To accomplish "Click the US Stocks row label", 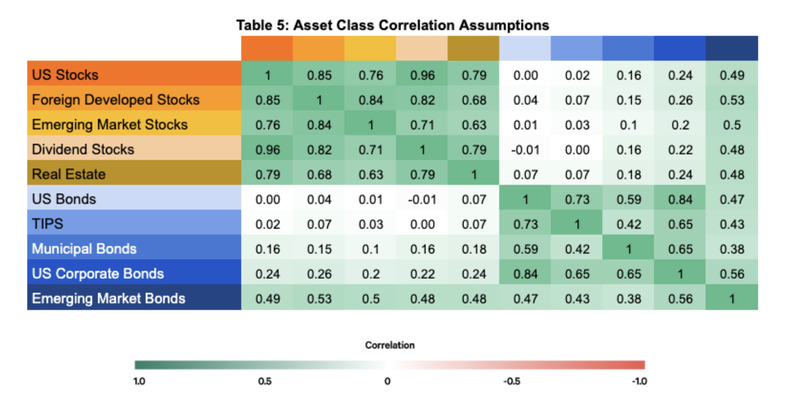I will [x=65, y=75].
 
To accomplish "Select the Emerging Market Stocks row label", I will [x=109, y=125].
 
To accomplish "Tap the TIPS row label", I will [x=48, y=224].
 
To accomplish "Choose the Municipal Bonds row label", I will [x=84, y=249].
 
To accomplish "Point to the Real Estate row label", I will [x=69, y=174].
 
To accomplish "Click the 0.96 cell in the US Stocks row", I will [x=422, y=75].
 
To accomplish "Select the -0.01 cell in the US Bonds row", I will [x=422, y=199].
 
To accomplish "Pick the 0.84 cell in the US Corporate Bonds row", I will [x=526, y=274].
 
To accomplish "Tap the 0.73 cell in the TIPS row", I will [x=526, y=224].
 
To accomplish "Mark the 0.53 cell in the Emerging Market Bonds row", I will [x=319, y=299].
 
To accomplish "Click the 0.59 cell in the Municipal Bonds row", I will [x=526, y=249].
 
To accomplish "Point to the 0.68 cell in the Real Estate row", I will [x=319, y=175].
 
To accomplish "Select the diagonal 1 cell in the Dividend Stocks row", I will [x=422, y=150].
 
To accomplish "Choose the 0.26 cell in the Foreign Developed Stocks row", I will [x=680, y=100].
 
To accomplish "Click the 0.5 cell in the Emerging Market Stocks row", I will [x=732, y=125].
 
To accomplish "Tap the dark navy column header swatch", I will [x=732, y=48].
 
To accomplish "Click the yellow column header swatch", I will [x=370, y=48].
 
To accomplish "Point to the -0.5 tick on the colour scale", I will [x=511, y=381].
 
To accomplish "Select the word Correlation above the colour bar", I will [x=390, y=345].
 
